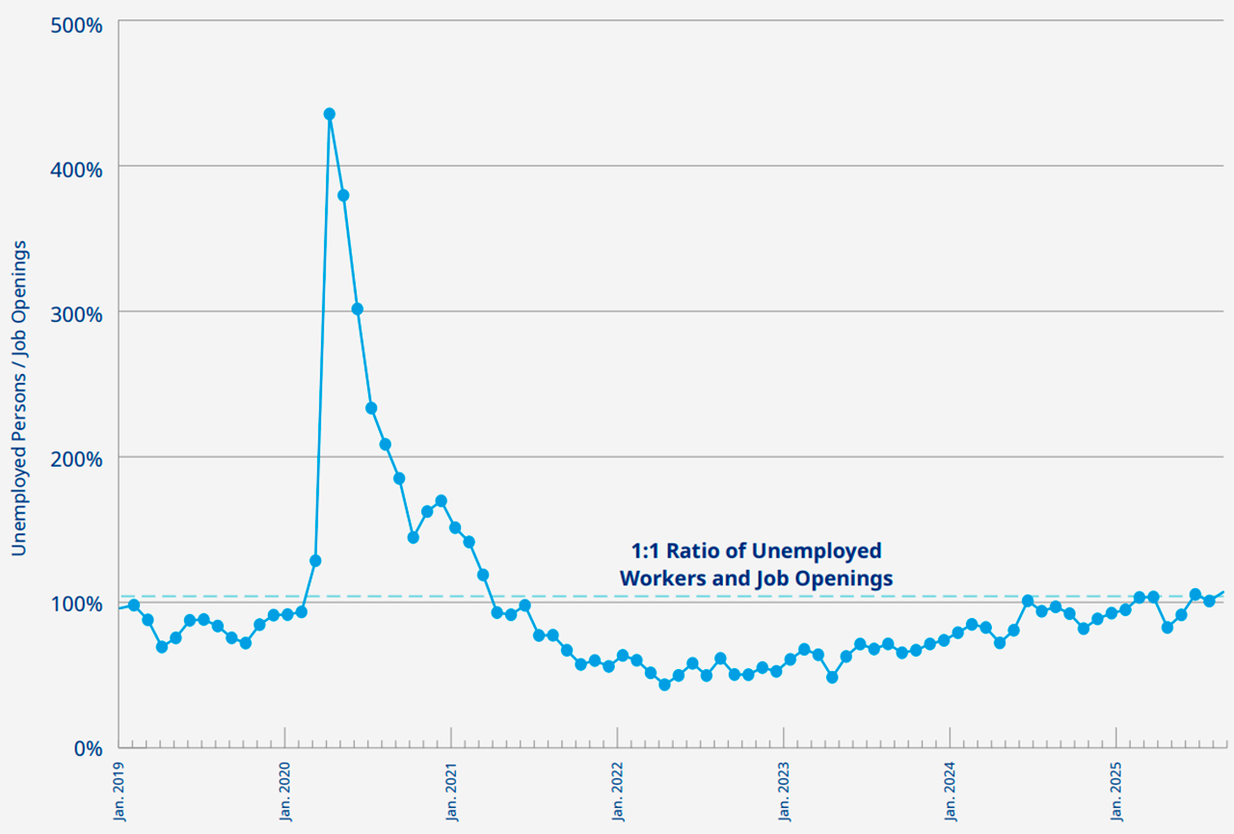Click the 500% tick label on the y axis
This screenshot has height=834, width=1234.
point(76,25)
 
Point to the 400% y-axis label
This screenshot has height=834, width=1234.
point(76,170)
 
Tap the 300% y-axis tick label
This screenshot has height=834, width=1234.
point(76,315)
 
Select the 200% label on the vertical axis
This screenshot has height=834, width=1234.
point(76,459)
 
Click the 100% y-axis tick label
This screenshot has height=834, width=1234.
point(76,605)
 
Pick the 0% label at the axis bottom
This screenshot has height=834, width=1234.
point(88,749)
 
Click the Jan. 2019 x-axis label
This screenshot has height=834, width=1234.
point(120,793)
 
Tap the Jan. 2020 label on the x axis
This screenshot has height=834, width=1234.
point(285,793)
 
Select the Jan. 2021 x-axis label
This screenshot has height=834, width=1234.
point(452,793)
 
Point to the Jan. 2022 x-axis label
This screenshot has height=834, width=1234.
point(618,793)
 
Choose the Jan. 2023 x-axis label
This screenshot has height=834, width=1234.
point(785,793)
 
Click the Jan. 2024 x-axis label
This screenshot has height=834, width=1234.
point(951,793)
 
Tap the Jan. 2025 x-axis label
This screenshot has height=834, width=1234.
point(1117,793)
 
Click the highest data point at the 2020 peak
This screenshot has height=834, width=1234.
point(330,114)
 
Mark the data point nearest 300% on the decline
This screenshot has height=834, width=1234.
point(358,309)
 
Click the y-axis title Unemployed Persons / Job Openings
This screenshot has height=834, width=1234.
point(19,398)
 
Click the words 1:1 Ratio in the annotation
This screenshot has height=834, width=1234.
point(666,551)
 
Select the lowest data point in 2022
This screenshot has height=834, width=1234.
point(665,685)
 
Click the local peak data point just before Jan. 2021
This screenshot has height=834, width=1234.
point(442,500)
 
